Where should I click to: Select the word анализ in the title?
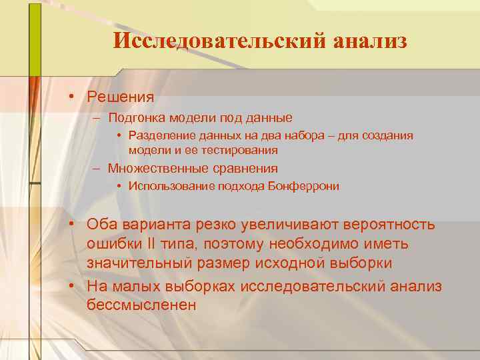365,41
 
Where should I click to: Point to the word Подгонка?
135,118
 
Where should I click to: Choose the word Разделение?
159,135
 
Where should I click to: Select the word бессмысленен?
141,305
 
